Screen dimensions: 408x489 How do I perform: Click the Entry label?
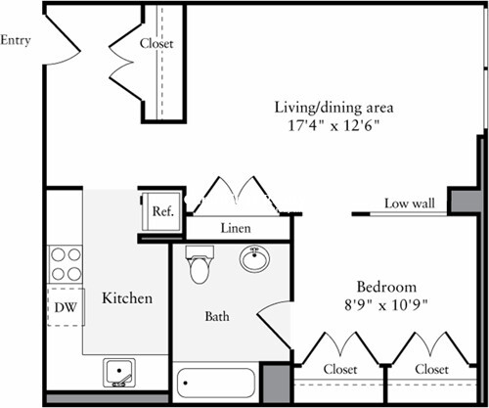pyautogui.click(x=17, y=40)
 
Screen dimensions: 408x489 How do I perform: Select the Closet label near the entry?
pyautogui.click(x=156, y=43)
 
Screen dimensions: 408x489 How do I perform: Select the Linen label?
pyautogui.click(x=236, y=228)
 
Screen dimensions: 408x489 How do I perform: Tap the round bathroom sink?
pyautogui.click(x=255, y=260)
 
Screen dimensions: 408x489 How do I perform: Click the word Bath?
pyautogui.click(x=216, y=317)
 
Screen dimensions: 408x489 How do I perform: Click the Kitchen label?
pyautogui.click(x=127, y=297)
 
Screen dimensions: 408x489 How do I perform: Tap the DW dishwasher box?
pyautogui.click(x=65, y=307)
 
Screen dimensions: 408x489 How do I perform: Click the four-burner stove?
pyautogui.click(x=66, y=264)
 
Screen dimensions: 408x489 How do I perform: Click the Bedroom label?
pyautogui.click(x=386, y=287)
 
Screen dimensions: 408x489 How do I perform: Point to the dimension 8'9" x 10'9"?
pyautogui.click(x=386, y=304)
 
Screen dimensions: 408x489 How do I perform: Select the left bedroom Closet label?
pyautogui.click(x=338, y=370)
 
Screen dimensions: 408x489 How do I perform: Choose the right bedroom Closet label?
pyautogui.click(x=431, y=370)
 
